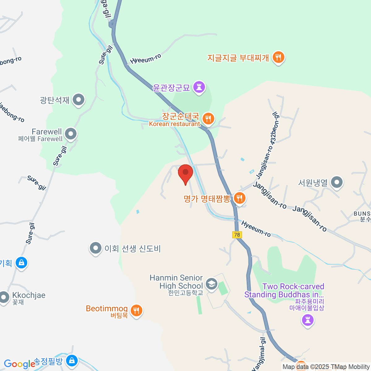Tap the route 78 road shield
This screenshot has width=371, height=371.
tap(237, 235)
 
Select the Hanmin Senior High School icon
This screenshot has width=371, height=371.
tap(212, 284)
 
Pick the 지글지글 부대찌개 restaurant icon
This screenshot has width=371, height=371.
tap(279, 57)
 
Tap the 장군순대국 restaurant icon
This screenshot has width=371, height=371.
tap(208, 118)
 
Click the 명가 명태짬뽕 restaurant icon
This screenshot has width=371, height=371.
tap(239, 198)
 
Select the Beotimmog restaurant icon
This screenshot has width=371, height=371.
tap(136, 310)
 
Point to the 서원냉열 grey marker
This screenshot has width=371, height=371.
tap(337, 182)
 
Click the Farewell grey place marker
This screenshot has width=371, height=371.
tap(71, 134)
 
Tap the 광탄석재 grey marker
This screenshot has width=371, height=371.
tap(79, 100)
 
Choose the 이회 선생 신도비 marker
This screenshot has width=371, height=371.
tap(96, 248)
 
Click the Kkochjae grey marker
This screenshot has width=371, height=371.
tap(4, 297)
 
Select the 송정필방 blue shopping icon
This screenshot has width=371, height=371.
tap(72, 360)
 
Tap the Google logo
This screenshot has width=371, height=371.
tap(19, 364)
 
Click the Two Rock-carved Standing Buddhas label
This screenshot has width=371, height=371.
tap(284, 291)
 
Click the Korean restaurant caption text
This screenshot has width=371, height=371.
tap(174, 124)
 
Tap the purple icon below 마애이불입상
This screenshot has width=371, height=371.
tap(308, 320)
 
